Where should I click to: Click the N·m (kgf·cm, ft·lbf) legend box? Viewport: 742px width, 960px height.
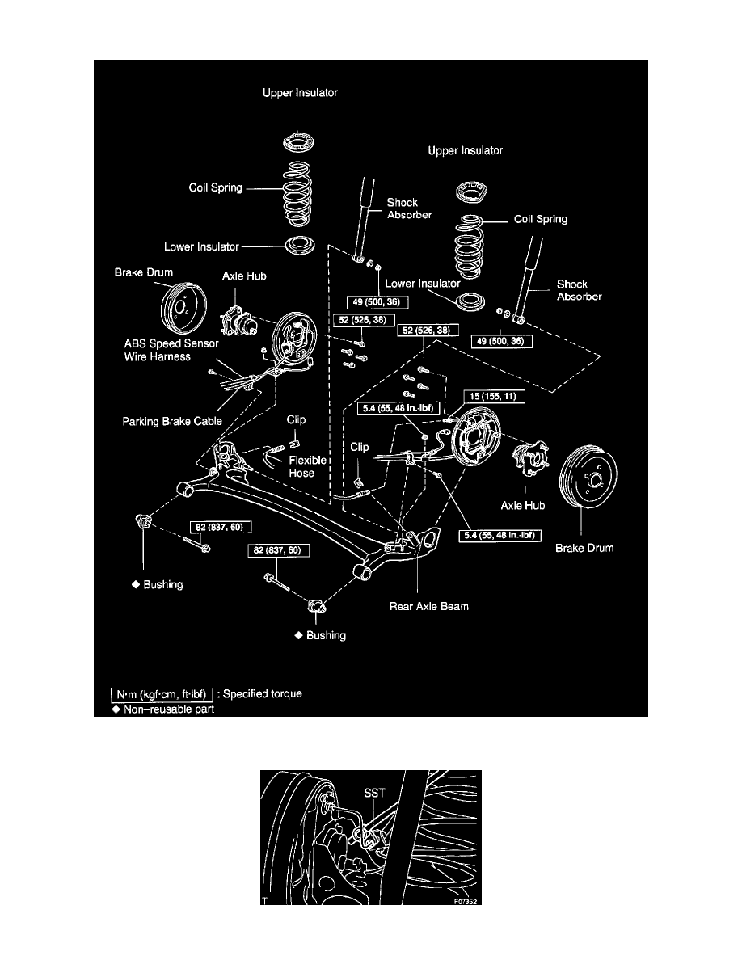point(162,693)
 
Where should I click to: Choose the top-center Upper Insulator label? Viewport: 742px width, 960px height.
point(300,93)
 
